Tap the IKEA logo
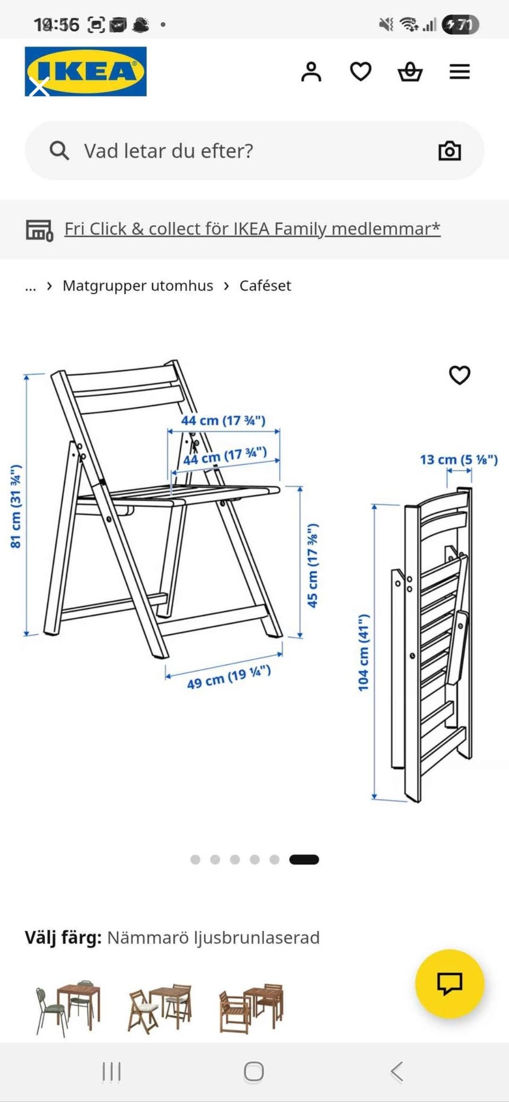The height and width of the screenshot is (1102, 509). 85,72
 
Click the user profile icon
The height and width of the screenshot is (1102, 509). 311,72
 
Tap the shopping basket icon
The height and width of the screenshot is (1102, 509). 410,72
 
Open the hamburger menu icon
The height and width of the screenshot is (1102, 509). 460,72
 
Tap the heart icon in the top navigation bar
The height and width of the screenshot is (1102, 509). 361,72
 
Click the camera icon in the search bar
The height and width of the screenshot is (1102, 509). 450,151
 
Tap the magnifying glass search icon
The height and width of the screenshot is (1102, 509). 59,150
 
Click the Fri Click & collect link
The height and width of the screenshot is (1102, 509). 252,228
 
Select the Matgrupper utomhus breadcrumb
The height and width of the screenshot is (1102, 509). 138,286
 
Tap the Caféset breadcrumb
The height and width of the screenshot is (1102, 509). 265,286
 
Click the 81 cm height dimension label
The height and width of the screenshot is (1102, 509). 16,506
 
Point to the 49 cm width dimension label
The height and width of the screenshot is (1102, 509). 229,677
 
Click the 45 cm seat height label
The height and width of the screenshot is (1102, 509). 313,565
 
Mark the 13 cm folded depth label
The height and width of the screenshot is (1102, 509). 459,459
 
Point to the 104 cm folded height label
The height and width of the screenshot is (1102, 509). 363,653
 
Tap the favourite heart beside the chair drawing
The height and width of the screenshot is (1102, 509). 460,375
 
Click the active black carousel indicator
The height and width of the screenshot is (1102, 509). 304,859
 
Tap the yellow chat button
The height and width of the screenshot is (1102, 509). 450,983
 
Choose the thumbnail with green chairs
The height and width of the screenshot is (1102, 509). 68,1008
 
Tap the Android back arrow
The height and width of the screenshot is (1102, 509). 397,1071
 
